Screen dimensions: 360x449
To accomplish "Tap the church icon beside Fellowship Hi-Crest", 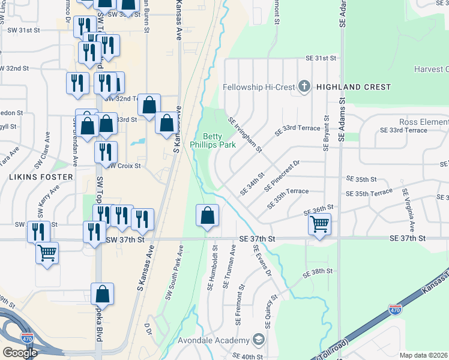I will click(x=304, y=87).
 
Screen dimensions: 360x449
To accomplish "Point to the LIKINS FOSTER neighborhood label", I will click(x=41, y=177).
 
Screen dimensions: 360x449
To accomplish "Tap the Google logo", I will click(x=20, y=353).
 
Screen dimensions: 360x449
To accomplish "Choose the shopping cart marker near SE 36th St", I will click(x=319, y=224).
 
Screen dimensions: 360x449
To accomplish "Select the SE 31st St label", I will click(x=320, y=58).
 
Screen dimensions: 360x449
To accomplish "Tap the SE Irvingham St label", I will click(x=245, y=135).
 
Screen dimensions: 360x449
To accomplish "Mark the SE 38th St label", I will click(x=318, y=272).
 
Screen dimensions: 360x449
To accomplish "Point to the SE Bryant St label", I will click(x=327, y=134).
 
